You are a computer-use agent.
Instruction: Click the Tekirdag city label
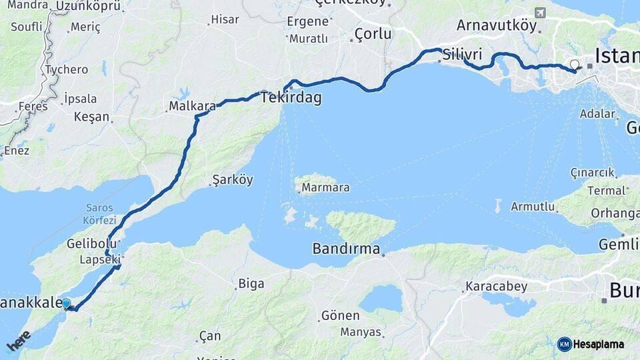[291, 98]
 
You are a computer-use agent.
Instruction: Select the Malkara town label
[192, 106]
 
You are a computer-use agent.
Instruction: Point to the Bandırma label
[346, 249]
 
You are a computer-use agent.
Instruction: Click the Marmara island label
[325, 187]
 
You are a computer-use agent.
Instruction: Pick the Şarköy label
[233, 179]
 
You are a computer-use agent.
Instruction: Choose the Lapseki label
[100, 259]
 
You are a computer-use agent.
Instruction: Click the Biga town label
[251, 284]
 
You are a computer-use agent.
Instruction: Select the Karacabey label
[496, 287]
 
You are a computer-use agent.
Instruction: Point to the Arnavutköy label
[497, 25]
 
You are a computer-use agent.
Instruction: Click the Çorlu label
[373, 33]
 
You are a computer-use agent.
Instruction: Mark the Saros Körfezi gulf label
[99, 214]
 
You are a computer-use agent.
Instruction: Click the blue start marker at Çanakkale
[66, 304]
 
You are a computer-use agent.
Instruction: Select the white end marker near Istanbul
[575, 65]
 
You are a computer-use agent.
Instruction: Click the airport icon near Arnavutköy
[539, 13]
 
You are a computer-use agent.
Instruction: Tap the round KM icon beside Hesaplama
[565, 344]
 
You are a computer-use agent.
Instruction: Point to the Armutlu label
[533, 207]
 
